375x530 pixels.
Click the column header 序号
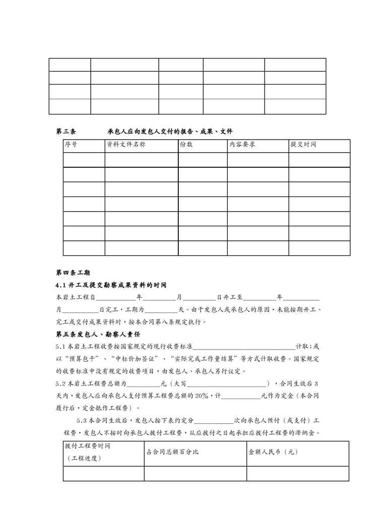pos(71,145)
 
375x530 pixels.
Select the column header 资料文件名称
pos(126,145)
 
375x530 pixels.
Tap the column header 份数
pos(186,145)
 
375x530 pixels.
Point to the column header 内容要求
pos(242,145)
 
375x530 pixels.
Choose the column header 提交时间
pos(303,145)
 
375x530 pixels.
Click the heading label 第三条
pos(66,131)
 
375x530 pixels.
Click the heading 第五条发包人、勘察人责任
pos(97,334)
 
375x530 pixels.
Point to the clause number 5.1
pos(60,347)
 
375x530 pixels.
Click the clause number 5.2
pos(60,383)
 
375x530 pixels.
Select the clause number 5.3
pos(82,420)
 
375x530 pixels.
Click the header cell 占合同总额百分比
pos(172,452)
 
